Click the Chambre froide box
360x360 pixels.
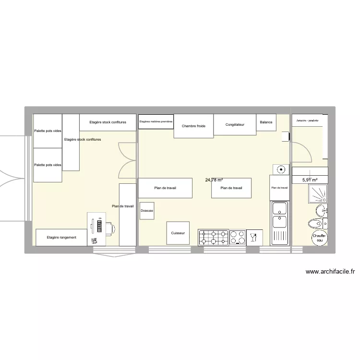click(x=193, y=126)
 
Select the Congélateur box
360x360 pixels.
click(x=235, y=125)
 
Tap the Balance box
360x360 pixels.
click(x=266, y=122)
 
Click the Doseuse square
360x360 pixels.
click(x=147, y=211)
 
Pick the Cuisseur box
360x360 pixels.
click(x=178, y=233)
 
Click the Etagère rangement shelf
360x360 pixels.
click(x=61, y=237)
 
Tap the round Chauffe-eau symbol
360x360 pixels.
click(x=319, y=238)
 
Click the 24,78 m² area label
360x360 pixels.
click(x=214, y=180)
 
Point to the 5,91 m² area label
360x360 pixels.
click(x=310, y=180)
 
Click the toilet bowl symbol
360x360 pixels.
click(x=314, y=224)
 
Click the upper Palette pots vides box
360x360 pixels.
click(x=48, y=131)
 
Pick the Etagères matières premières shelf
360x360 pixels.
click(x=156, y=122)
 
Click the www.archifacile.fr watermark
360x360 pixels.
click(x=330, y=272)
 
